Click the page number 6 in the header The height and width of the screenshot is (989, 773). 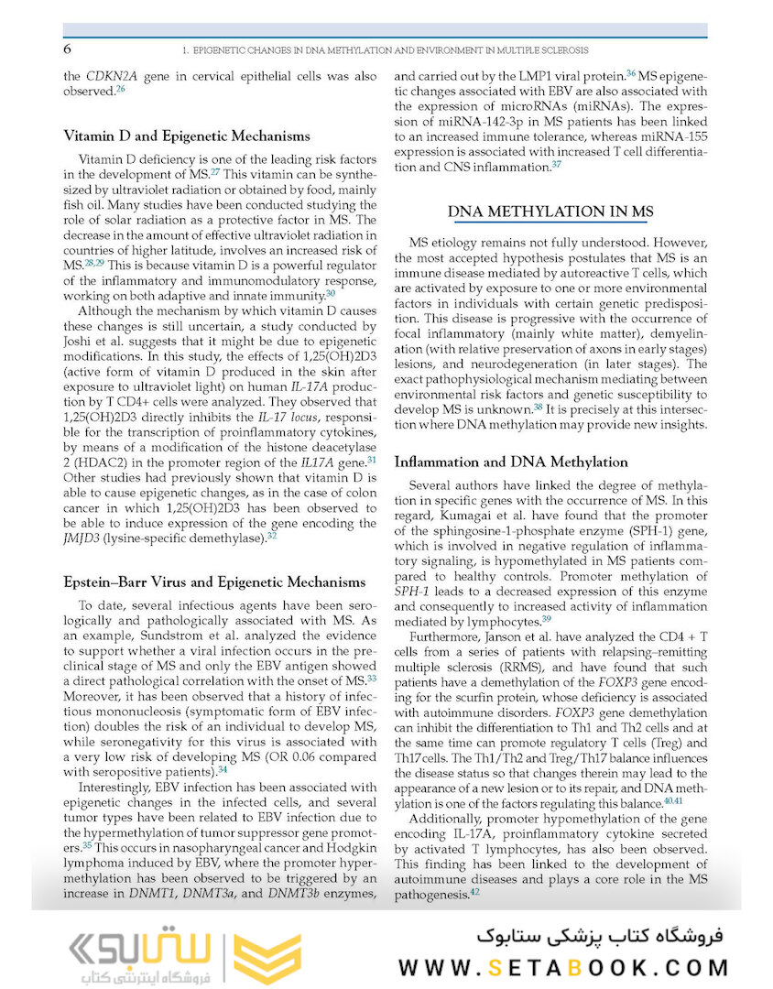coord(68,49)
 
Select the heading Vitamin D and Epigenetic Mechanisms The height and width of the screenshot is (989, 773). coord(186,136)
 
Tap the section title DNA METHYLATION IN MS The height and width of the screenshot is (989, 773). coord(550,212)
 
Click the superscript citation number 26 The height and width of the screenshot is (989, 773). coord(120,90)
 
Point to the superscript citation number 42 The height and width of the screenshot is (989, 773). coord(474,891)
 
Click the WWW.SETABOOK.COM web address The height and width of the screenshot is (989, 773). coord(563,967)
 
